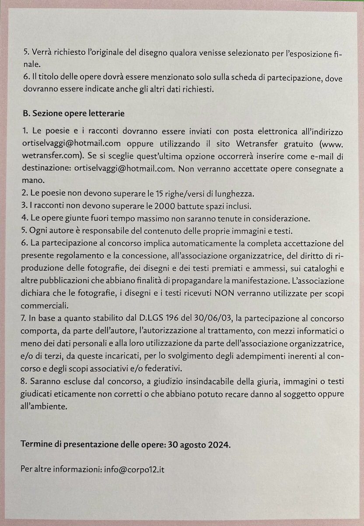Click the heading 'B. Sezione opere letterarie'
click(x=73, y=114)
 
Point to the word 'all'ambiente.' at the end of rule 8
click(x=44, y=406)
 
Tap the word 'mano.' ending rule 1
click(x=32, y=180)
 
